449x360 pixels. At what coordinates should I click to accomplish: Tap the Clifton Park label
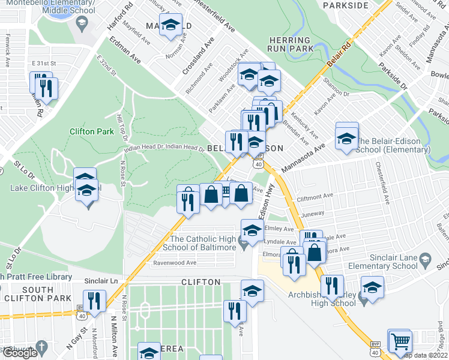pos(91,131)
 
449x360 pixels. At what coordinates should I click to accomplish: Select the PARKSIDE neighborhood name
pos(345,5)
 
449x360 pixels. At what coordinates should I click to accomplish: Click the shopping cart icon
pos(399,341)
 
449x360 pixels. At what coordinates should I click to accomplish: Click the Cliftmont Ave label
pos(331,196)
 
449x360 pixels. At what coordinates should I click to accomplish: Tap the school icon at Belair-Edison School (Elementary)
pos(346,139)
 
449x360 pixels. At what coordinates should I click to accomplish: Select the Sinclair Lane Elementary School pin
pos(425,259)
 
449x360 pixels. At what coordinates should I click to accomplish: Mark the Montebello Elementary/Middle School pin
pos(82,25)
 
